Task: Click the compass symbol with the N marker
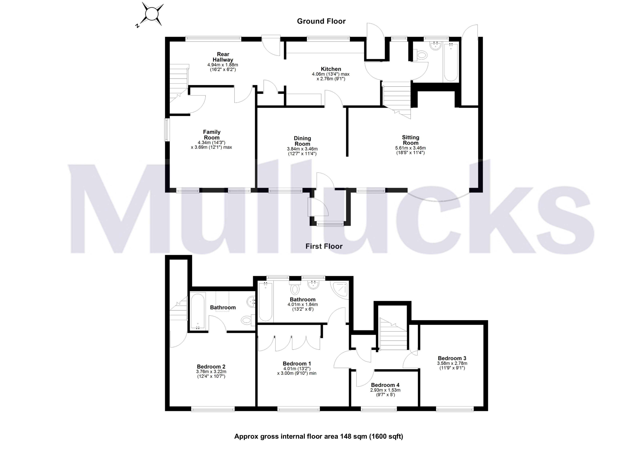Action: [151, 14]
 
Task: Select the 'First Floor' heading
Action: [324, 246]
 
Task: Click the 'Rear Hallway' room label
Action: [223, 57]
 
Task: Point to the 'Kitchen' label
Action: [331, 69]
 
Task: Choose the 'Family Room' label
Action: [212, 135]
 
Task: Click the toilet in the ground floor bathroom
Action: [421, 55]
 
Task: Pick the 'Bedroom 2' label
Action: [211, 367]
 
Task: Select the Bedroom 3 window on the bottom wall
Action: [454, 409]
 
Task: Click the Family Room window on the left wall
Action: [167, 130]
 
